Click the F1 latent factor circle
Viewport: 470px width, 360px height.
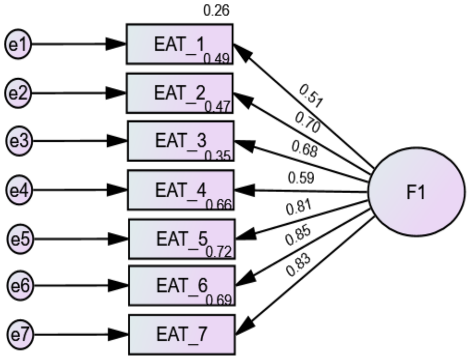[416, 192]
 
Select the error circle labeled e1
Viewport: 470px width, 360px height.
[18, 44]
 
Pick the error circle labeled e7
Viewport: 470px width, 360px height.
[20, 334]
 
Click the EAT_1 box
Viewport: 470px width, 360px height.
[179, 44]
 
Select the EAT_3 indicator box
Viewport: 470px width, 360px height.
[181, 141]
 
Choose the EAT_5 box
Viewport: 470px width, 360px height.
[182, 239]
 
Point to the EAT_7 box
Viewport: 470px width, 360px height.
[182, 334]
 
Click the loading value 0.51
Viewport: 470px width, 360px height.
[311, 96]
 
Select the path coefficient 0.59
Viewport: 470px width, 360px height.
[301, 178]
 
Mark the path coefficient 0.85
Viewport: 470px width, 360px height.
[298, 236]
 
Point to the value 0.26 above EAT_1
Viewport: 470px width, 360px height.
[216, 11]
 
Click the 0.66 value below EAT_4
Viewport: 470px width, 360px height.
[219, 205]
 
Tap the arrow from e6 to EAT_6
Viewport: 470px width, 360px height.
[80, 286]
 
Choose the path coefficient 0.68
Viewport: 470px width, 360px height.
[304, 149]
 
